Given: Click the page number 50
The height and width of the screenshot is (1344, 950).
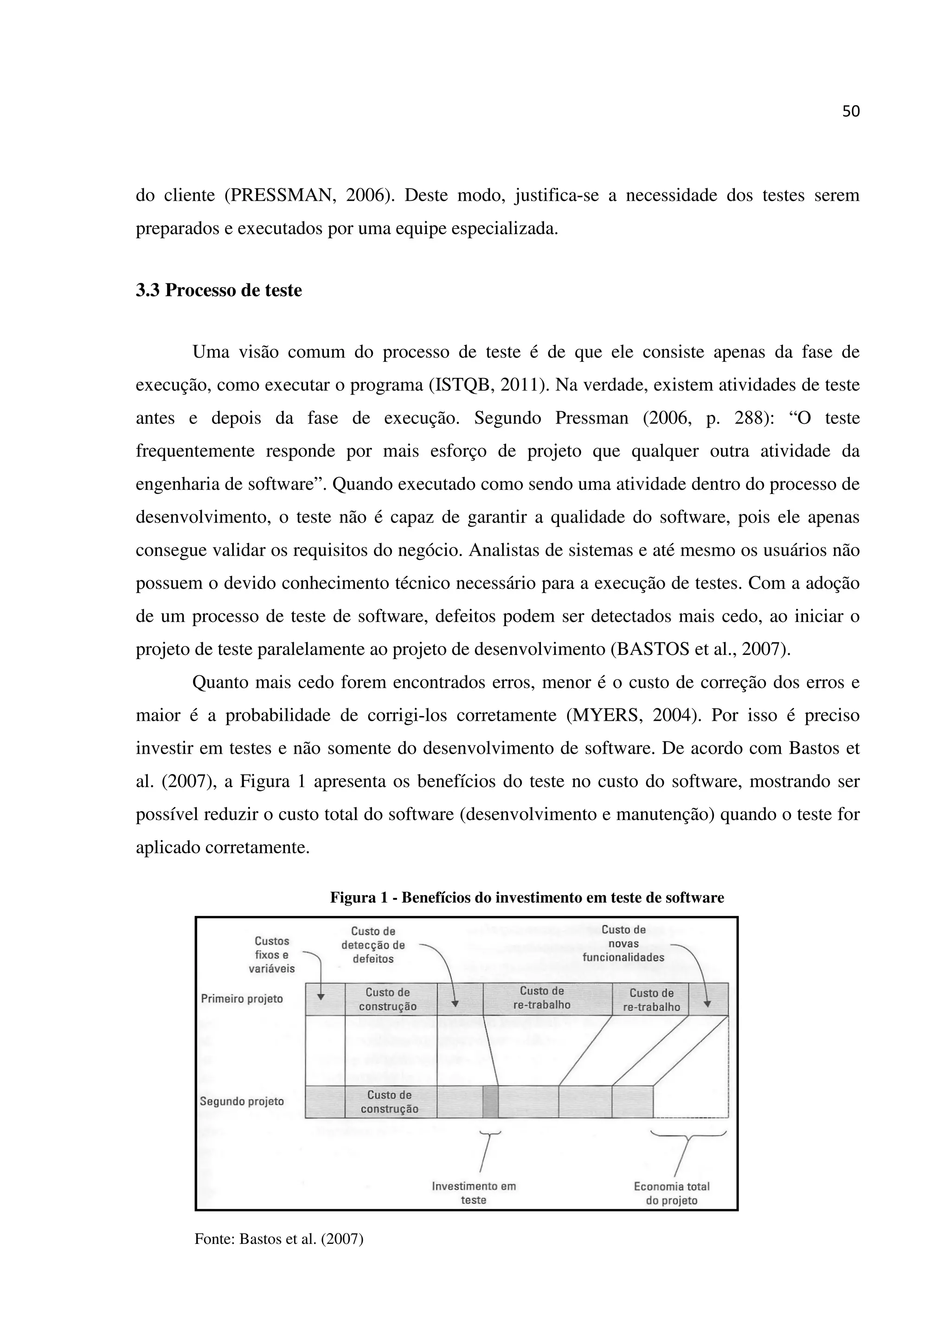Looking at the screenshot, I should (x=850, y=112).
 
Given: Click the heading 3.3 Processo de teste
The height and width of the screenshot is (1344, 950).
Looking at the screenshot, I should (x=219, y=290).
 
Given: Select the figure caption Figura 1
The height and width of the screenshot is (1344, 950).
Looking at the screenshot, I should (x=527, y=897).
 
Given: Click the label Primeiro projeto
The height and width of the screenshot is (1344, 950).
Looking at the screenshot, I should (x=242, y=998).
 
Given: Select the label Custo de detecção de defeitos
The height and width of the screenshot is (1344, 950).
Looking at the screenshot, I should (x=373, y=945).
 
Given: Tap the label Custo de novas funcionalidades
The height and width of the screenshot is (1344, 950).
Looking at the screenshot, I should (x=623, y=944).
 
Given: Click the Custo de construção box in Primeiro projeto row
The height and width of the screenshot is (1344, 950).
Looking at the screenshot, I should (x=391, y=999).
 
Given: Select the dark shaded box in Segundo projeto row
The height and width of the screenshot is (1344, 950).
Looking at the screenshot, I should (x=490, y=1101).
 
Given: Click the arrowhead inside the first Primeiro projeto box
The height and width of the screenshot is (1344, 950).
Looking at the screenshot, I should (x=321, y=996).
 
